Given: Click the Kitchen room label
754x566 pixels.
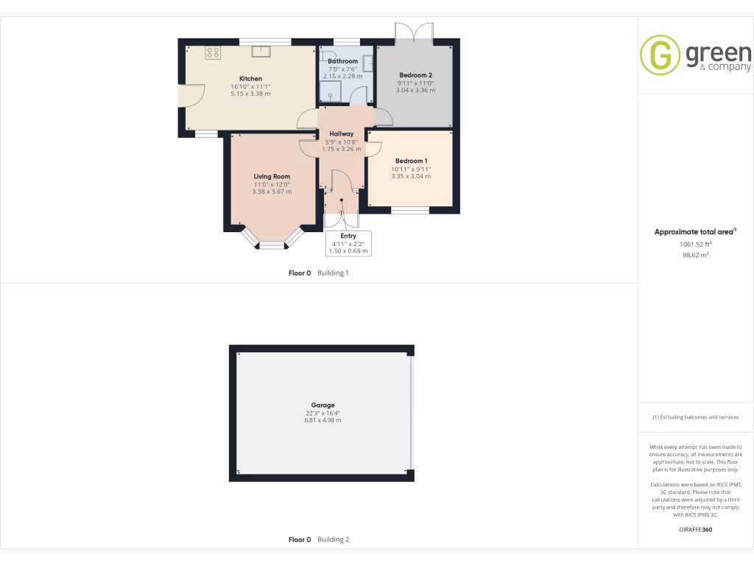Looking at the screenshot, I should coord(250,79).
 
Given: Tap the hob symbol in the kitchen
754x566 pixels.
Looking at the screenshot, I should coord(213,52).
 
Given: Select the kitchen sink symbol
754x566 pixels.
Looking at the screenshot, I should coord(261,51).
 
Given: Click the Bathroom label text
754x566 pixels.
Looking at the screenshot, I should coord(342,61).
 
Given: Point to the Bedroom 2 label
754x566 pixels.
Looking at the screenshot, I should coord(415,75).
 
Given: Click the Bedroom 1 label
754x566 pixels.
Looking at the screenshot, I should coord(411,161).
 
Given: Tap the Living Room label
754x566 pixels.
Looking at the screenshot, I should coord(272,177).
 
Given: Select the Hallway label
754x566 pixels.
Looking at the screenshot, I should coord(342,134).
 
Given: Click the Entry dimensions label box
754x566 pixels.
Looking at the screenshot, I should coord(348,243).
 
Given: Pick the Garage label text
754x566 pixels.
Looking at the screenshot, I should coord(323,405).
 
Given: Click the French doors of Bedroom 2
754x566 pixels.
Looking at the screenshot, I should coord(414,33).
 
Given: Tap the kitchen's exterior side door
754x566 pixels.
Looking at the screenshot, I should coord(191,96).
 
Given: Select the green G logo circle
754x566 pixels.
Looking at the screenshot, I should coord(660,55).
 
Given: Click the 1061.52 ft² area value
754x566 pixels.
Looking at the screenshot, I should coord(695,244).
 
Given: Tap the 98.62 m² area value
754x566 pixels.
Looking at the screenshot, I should coord(695,255).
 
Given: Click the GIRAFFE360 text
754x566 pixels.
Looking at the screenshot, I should coord(695,529).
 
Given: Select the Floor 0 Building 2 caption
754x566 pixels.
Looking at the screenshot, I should coord(319,539).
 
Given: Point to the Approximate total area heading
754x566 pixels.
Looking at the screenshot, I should coord(694,231).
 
